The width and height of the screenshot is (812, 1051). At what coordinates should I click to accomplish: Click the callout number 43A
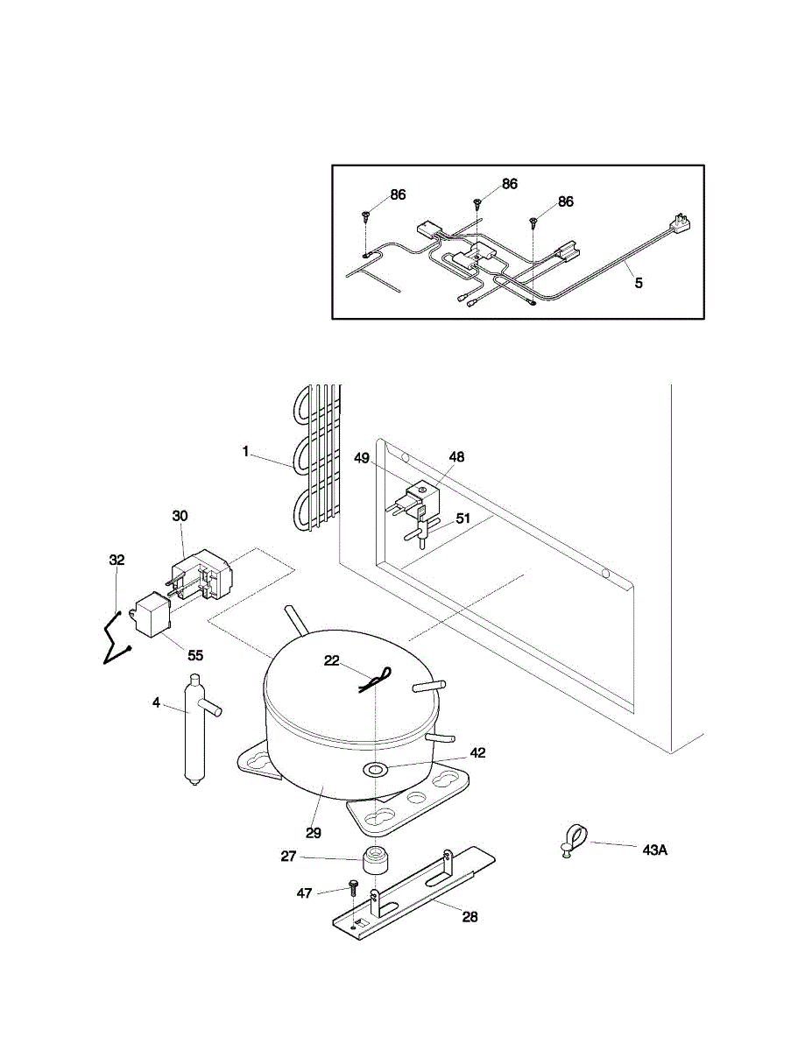tap(655, 850)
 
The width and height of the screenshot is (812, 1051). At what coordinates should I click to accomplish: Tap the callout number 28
tap(470, 917)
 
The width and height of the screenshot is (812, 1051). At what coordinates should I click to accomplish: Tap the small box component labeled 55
tap(151, 615)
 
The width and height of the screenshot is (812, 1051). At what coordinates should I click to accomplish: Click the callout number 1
tap(246, 452)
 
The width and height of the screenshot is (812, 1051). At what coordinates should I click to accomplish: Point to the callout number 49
tap(362, 458)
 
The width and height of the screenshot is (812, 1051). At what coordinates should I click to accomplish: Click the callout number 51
tap(462, 518)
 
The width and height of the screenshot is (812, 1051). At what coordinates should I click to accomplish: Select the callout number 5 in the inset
tap(639, 283)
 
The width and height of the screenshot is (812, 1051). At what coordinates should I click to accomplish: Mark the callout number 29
tap(314, 832)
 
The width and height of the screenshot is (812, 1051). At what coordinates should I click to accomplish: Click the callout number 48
tap(456, 457)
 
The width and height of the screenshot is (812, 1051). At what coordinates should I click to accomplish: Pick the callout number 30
tap(180, 517)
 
